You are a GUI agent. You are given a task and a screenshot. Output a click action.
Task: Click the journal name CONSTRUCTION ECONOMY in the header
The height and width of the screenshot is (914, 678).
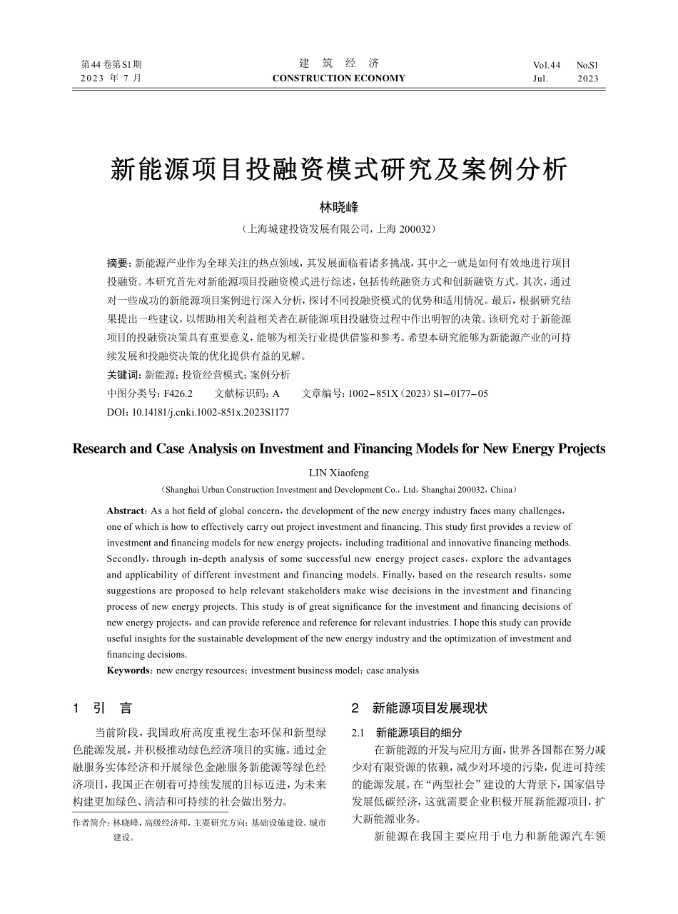338,79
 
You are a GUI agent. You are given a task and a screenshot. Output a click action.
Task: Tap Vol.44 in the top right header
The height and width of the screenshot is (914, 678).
547,65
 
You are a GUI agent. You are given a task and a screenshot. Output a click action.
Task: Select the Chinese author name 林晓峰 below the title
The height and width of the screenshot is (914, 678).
338,207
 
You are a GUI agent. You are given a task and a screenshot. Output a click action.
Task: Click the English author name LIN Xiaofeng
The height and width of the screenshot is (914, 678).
338,473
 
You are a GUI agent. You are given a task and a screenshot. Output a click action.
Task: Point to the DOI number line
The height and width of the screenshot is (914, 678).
198,412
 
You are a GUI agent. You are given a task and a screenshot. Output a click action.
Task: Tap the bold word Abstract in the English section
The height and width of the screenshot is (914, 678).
126,511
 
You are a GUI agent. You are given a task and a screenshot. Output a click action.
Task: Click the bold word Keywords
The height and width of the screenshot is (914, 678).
128,671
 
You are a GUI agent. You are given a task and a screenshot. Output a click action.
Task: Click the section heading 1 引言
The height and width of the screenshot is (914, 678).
103,708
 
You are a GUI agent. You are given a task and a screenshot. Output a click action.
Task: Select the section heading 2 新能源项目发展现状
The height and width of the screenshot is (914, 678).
420,708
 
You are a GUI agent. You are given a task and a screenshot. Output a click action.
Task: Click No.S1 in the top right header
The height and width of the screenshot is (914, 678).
587,65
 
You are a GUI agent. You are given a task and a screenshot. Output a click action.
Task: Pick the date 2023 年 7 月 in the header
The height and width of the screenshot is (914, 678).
111,79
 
